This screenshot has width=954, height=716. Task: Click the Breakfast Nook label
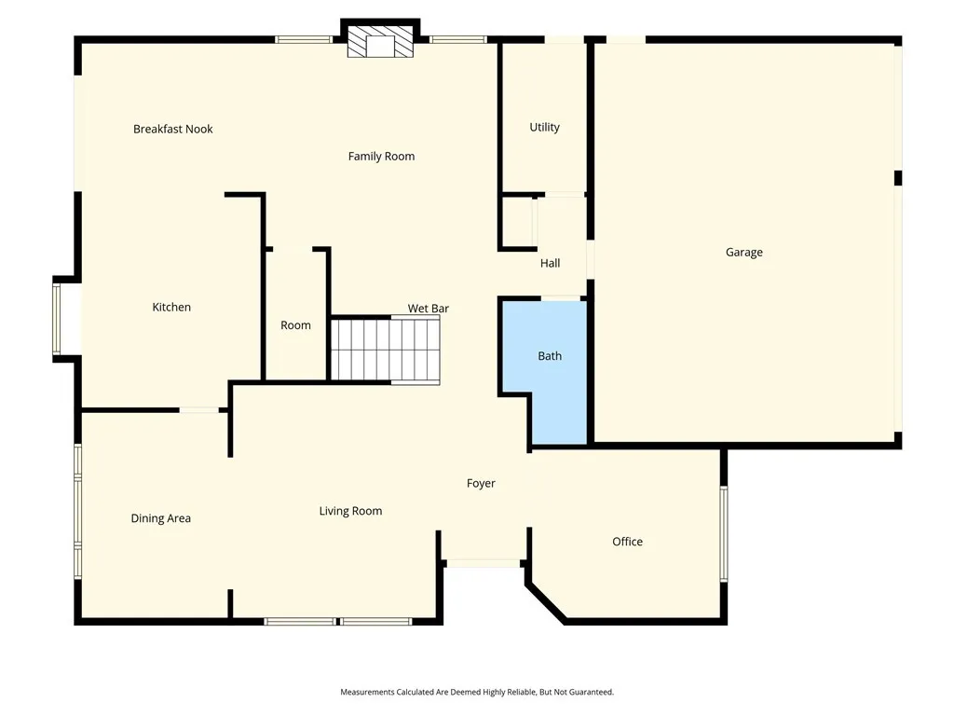pos(172,129)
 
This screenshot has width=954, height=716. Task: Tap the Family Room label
pos(381,156)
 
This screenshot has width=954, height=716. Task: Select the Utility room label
pos(544,127)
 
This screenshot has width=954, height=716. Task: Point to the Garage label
pos(743,252)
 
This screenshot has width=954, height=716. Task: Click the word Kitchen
pos(171,307)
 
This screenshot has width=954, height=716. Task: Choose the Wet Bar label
pos(429,308)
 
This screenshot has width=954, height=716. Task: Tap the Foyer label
pos(481,483)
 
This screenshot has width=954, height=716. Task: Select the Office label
pos(627,542)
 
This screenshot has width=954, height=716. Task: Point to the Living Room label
pos(350,511)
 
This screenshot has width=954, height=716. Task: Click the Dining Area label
pos(160,518)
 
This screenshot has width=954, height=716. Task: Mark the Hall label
pos(550,263)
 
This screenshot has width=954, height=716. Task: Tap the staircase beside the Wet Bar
pos(385,350)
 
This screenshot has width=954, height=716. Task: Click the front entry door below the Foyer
pos(483,563)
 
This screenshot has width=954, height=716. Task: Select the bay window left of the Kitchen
pos(57,319)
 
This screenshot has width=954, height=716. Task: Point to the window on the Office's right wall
pos(724,533)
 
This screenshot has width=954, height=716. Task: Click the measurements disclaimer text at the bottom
pos(477,692)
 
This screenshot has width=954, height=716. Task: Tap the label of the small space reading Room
pos(295,325)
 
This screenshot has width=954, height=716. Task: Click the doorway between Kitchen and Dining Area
pos(198,409)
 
